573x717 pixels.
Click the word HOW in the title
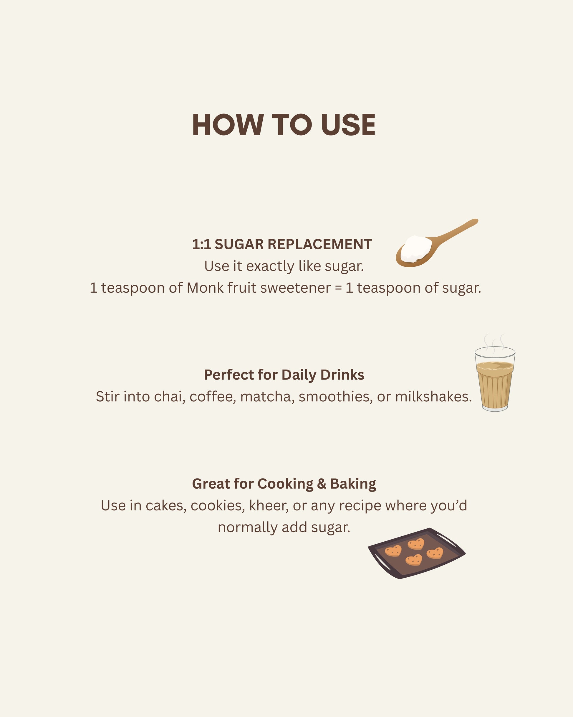click(228, 125)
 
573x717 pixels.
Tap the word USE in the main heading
click(348, 125)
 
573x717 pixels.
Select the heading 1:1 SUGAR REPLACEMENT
click(282, 244)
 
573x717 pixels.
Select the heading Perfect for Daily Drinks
click(284, 375)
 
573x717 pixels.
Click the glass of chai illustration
click(495, 379)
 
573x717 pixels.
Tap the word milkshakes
click(433, 397)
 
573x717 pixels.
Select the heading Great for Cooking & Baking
click(284, 484)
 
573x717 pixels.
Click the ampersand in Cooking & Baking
click(322, 484)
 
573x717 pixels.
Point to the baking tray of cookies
click(417, 553)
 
